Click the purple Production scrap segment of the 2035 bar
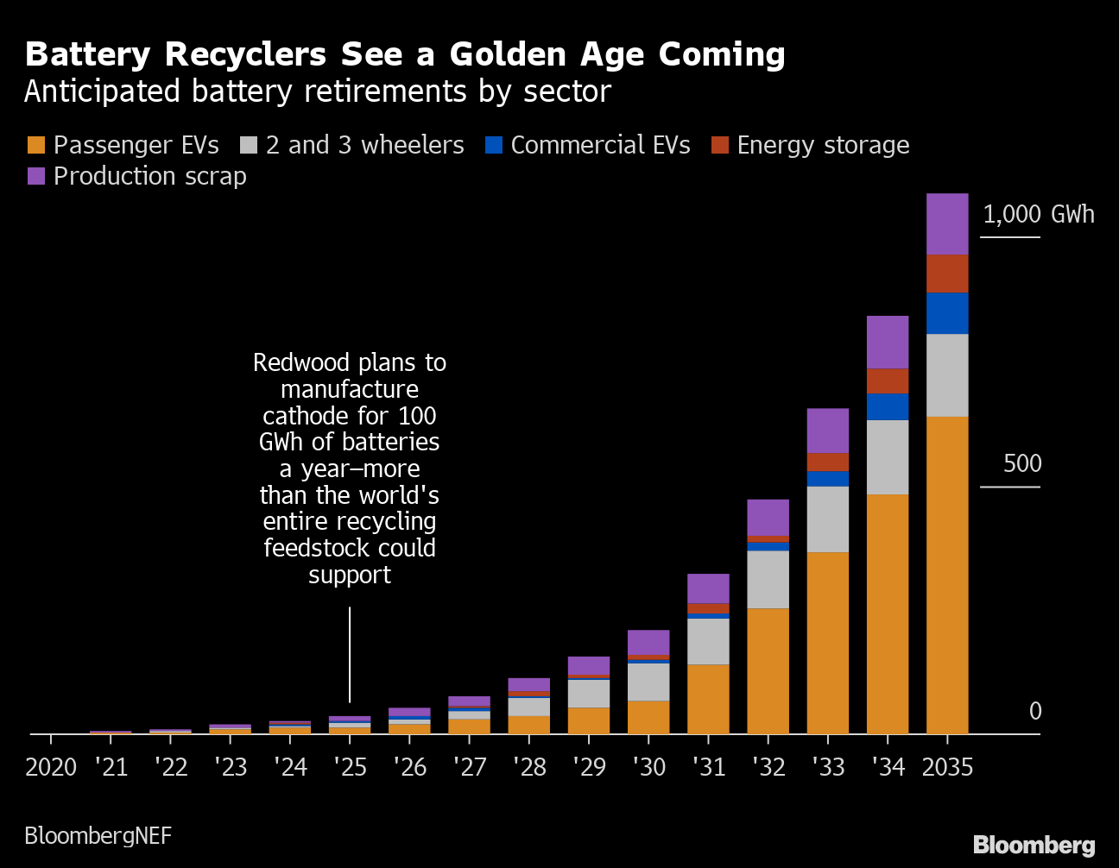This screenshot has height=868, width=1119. (x=947, y=224)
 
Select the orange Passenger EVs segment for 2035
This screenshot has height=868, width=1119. (x=947, y=575)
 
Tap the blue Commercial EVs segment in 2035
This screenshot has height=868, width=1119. (x=947, y=313)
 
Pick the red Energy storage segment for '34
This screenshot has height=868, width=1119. (x=888, y=381)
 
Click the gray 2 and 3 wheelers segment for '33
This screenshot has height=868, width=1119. (x=828, y=519)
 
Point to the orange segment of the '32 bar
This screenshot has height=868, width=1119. (x=768, y=670)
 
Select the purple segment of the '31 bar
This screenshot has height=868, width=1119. (x=708, y=588)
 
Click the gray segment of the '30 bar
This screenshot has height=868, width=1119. (x=648, y=682)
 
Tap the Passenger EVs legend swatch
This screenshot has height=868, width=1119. (x=36, y=145)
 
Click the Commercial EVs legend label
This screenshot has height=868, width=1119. (x=600, y=145)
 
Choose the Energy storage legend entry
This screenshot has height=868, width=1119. (x=823, y=145)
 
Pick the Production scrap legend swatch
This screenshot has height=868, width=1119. (x=36, y=176)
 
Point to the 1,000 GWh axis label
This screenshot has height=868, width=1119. (x=1038, y=214)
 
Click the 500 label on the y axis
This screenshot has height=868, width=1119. (x=1022, y=464)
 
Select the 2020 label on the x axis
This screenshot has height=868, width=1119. (x=51, y=767)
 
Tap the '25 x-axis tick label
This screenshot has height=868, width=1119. (x=350, y=767)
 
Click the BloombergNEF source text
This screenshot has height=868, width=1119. (x=98, y=835)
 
